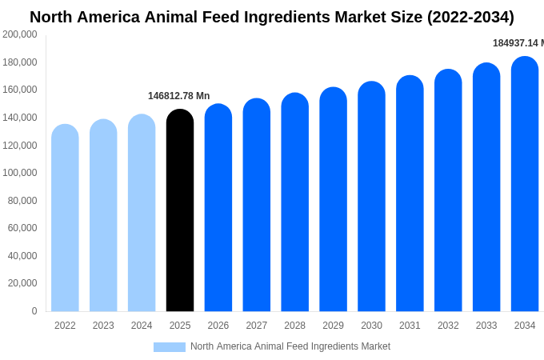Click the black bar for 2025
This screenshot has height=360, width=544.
(180, 212)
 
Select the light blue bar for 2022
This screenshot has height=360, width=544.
(65, 220)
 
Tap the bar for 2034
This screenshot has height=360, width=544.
(525, 186)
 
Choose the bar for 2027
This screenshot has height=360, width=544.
(257, 206)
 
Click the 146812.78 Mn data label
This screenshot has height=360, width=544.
(178, 96)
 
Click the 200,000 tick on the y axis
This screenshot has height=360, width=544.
(20, 34)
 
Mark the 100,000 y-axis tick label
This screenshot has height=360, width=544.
(20, 173)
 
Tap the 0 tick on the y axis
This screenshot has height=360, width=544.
(34, 311)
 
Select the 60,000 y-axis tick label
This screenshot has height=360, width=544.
(22, 228)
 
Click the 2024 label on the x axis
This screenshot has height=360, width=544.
(142, 326)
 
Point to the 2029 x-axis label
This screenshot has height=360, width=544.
(333, 326)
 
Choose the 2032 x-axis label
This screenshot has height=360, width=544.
(448, 326)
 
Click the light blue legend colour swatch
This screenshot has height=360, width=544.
(169, 347)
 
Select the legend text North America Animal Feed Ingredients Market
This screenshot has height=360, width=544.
(290, 346)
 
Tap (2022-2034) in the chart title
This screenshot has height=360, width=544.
(459, 17)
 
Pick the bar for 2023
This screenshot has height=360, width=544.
(103, 217)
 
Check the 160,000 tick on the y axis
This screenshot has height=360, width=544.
(20, 90)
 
